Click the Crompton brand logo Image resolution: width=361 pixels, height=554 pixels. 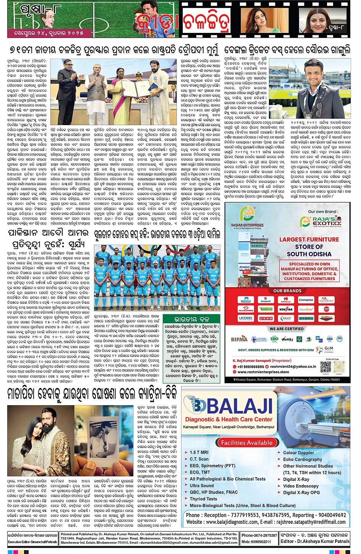tap(306, 300)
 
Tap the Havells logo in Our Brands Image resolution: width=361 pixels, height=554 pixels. tap(286, 300)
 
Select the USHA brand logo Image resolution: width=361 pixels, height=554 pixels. tap(266, 318)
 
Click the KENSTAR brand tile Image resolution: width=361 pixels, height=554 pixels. tap(286, 309)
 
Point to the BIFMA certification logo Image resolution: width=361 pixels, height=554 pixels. tap(239, 339)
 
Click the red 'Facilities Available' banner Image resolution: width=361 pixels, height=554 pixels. tap(246, 443)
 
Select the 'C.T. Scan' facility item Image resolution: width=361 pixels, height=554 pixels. tap(199, 459)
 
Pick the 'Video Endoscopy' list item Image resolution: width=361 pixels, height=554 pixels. tap(301, 486)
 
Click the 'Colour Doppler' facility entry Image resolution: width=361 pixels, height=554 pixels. tap(298, 453)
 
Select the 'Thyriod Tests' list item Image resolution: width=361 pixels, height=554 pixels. tap(203, 499)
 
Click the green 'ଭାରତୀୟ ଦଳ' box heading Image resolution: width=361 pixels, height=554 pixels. tap(191, 319)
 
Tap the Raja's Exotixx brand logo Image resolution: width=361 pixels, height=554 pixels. tap(320, 221)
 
